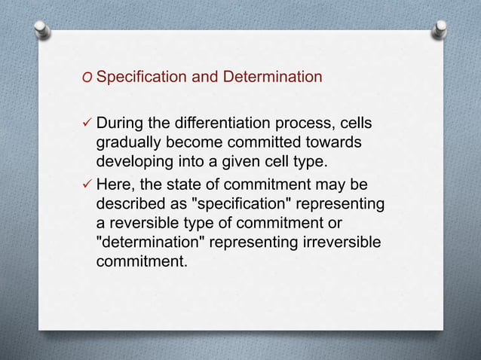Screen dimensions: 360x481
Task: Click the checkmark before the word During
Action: click(87, 124)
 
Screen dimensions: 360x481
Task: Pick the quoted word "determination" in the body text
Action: click(151, 244)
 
